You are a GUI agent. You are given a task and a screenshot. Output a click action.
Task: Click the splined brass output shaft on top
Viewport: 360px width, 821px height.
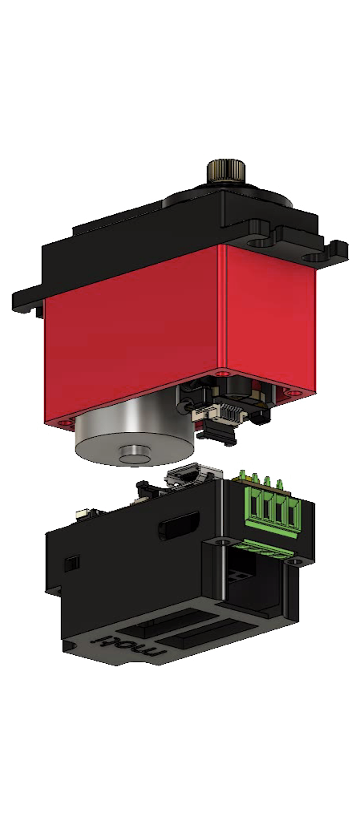[226, 171]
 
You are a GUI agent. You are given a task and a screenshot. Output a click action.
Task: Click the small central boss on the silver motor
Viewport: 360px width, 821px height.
[135, 454]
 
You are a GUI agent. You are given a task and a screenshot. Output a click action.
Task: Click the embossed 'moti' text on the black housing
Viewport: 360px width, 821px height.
[131, 646]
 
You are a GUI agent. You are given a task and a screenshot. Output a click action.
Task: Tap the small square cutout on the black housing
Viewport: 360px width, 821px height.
[72, 563]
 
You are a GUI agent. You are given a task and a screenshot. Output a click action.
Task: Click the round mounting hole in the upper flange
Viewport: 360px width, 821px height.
[257, 244]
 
